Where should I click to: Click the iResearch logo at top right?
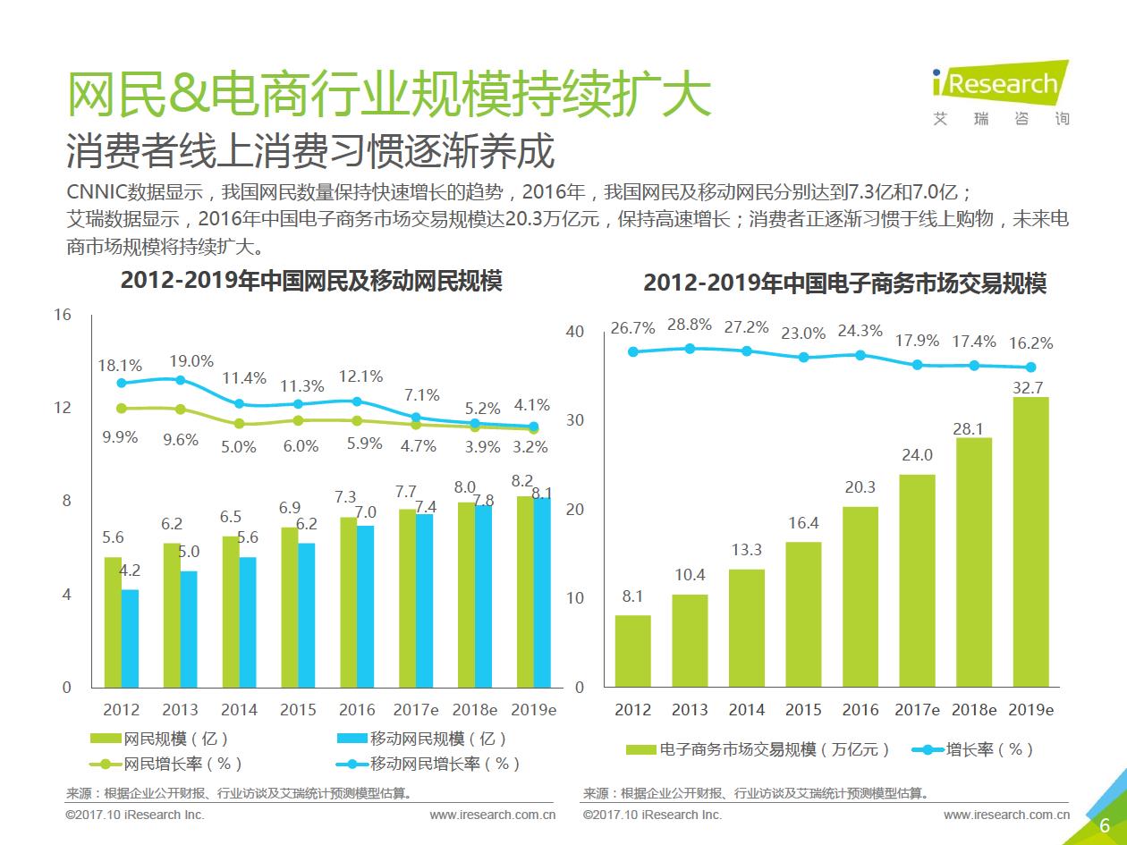coord(999,84)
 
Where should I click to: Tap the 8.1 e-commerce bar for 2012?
coord(632,651)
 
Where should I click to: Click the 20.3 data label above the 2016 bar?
coord(860,487)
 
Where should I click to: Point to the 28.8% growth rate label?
coord(690,325)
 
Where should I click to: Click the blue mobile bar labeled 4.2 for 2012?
coord(131,638)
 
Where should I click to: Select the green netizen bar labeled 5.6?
coord(113,622)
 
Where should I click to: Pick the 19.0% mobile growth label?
coord(191,361)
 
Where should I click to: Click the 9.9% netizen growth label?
coord(120,437)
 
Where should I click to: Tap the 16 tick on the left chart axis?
coord(63,315)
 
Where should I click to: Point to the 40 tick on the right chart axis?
coord(574,332)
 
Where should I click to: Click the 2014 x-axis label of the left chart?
coord(239,710)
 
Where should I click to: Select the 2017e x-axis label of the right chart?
coord(917,710)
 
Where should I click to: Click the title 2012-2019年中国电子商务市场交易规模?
coord(844,283)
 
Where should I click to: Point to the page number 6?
coord(1105,825)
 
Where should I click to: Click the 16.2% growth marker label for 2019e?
coord(1030,342)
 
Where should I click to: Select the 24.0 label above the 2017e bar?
coord(917,455)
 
